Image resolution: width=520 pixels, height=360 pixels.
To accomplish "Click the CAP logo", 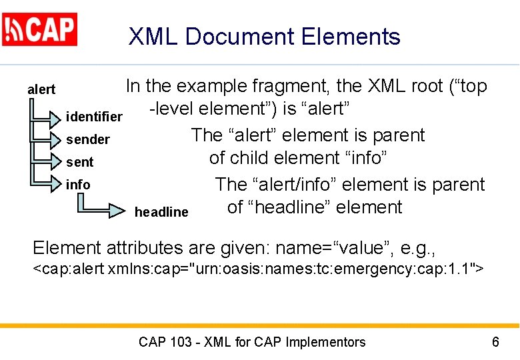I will tap(40, 29).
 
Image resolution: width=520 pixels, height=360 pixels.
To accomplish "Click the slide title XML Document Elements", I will tap(264, 37).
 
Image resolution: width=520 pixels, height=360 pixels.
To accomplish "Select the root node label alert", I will tap(41, 89).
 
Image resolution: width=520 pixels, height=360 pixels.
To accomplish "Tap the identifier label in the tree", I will tap(94, 117).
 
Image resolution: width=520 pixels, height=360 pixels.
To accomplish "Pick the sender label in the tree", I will tap(87, 139).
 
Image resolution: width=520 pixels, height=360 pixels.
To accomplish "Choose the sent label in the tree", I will tap(79, 162).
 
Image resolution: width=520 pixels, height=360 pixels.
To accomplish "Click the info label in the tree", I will tap(78, 184).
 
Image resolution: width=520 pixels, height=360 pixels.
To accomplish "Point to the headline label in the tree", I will tap(161, 212).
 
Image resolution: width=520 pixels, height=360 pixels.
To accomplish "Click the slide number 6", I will tap(495, 342).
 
